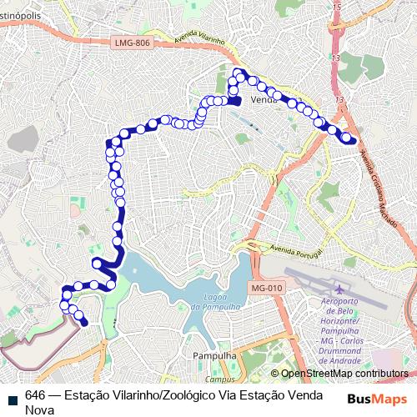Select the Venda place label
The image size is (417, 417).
point(263,98)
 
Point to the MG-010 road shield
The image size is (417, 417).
point(266,289)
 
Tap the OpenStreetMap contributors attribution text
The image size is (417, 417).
point(344,374)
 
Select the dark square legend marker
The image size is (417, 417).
point(10,396)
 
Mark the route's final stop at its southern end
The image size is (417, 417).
point(83,322)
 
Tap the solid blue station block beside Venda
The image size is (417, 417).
point(235,101)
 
